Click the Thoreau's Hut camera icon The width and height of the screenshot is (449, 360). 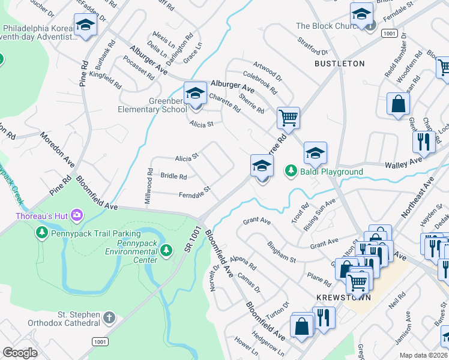tap(77, 215)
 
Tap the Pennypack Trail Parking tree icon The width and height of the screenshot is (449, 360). tap(42, 233)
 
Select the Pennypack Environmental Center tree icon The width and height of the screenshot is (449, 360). tap(170, 249)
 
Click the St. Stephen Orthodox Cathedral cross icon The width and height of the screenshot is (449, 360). tap(108, 317)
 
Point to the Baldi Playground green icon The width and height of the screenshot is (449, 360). tap(291, 172)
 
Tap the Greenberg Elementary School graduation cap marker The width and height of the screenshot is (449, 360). tap(195, 95)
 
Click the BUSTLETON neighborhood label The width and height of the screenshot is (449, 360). tap(340, 63)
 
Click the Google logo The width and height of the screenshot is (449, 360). tap(20, 353)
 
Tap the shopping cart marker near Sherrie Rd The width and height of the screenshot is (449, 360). tap(288, 118)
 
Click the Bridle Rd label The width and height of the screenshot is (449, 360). tap(173, 176)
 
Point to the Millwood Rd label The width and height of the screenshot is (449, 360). tap(149, 185)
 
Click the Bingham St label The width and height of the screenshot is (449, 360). tap(282, 253)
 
